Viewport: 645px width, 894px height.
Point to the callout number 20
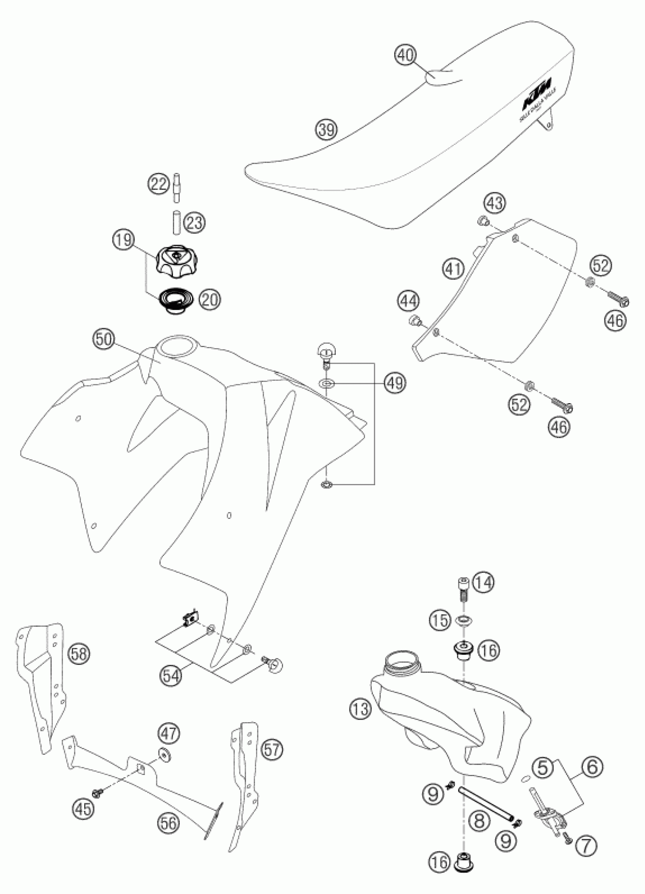[x=210, y=299]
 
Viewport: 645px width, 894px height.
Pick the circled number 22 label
[x=159, y=184]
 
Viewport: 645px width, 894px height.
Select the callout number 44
[x=409, y=302]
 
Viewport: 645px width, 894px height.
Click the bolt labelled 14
[x=463, y=593]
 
